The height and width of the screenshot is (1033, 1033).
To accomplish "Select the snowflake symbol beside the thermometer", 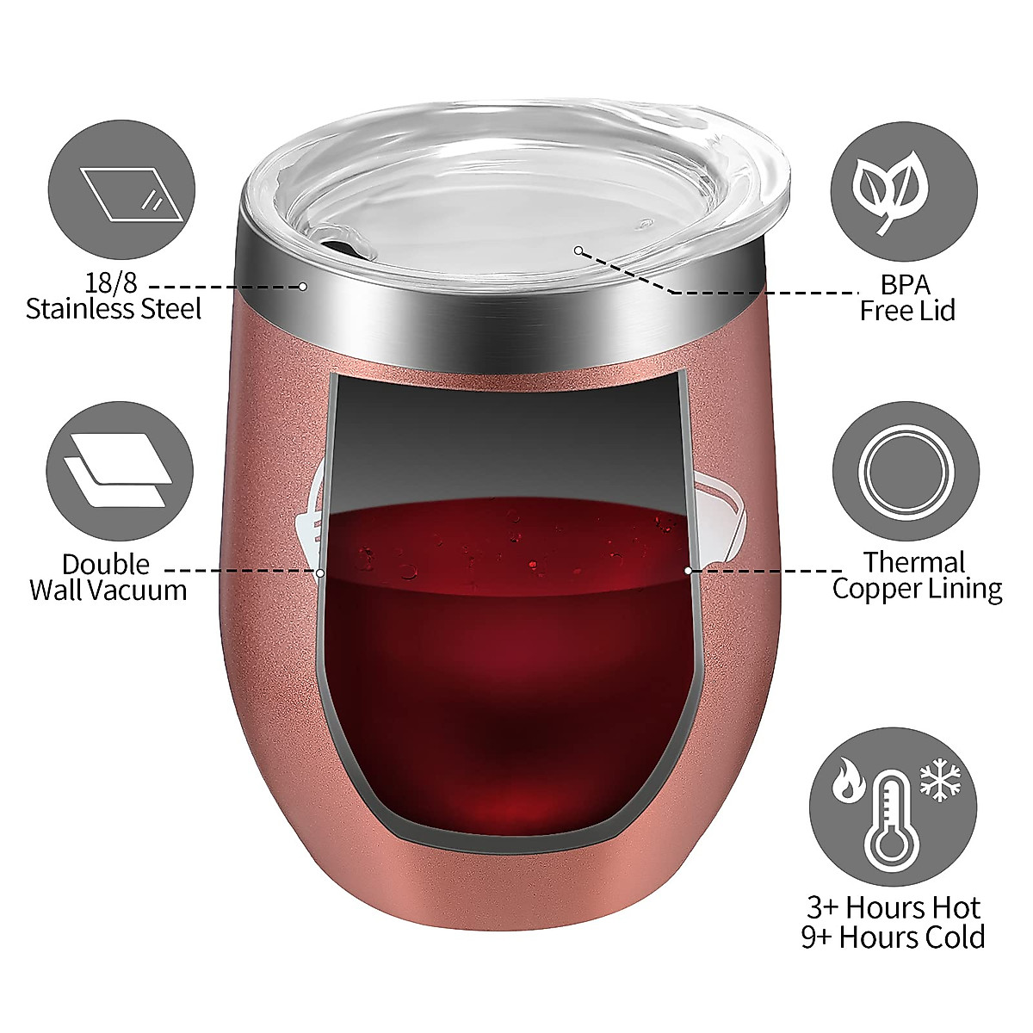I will click(942, 781).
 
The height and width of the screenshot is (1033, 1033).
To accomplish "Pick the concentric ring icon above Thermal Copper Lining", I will click(906, 473).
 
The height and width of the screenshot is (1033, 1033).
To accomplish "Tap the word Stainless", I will click(79, 308).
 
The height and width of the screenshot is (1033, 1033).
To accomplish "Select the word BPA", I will click(905, 283).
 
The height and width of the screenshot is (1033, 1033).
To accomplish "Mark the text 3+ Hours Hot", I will click(893, 907).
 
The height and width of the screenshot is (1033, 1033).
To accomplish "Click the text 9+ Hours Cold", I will click(893, 937).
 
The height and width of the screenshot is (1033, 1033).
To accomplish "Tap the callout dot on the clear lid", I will click(579, 251).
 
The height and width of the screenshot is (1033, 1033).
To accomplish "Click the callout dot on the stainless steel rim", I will click(303, 286).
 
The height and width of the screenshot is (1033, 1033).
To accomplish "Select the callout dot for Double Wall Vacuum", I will click(320, 572).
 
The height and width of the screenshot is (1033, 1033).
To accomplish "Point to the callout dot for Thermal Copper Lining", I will click(688, 570).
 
